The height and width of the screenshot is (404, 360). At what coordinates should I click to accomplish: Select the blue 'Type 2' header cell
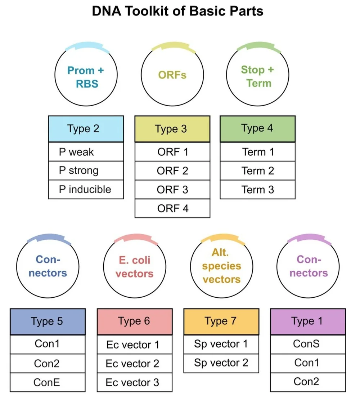[x=86, y=129]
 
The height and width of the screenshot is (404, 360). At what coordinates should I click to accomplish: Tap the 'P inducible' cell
[x=86, y=189]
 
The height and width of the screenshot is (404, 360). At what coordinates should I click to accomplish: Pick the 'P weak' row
[x=86, y=152]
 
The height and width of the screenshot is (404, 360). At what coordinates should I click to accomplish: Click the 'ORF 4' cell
[x=172, y=208]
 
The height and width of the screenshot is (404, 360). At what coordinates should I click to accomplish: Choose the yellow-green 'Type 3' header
[x=172, y=129]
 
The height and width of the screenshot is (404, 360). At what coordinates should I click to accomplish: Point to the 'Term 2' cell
[x=258, y=170]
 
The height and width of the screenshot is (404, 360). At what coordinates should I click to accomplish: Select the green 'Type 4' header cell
[x=258, y=128]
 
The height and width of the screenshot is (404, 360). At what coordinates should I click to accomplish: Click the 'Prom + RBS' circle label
[x=86, y=77]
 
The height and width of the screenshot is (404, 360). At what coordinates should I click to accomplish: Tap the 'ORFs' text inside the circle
[x=172, y=75]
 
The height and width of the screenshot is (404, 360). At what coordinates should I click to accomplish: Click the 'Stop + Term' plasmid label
[x=258, y=76]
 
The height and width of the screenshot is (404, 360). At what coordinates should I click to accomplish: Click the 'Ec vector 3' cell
[x=133, y=382]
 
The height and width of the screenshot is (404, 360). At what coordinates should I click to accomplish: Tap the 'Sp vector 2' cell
[x=221, y=363]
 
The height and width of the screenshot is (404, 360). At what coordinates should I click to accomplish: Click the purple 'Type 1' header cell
[x=308, y=321]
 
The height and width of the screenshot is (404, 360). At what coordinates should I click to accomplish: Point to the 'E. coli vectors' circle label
[x=134, y=267]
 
